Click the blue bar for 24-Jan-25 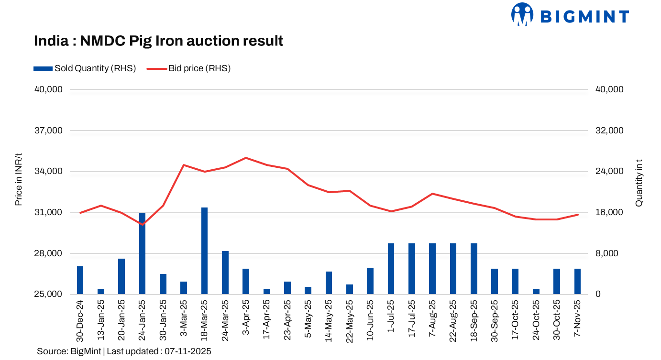[x=142, y=253]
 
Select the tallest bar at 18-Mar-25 [x=204, y=251]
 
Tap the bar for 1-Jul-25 [x=391, y=269]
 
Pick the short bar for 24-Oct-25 [x=536, y=291]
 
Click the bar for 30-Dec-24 [x=80, y=280]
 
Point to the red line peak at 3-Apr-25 [x=245, y=158]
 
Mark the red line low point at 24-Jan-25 [x=142, y=224]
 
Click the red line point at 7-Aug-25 [x=432, y=194]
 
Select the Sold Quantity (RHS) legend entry [x=85, y=68]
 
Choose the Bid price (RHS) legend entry [x=188, y=68]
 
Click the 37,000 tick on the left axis [x=48, y=131]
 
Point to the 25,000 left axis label [x=48, y=295]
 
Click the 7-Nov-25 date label [x=577, y=320]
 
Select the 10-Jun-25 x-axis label [x=370, y=320]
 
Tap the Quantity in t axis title [x=639, y=183]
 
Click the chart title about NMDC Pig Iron [x=158, y=41]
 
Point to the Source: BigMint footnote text [x=124, y=351]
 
